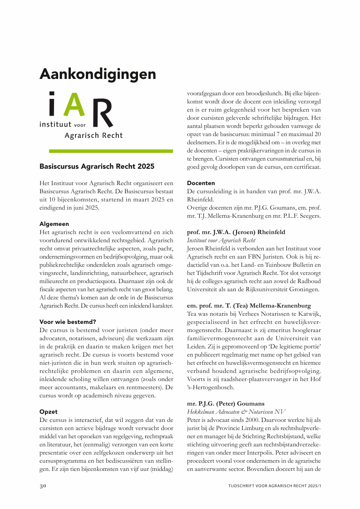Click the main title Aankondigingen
98,74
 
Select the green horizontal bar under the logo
106,151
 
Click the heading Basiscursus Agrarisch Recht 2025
97,166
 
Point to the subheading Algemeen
54,224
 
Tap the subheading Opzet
49,411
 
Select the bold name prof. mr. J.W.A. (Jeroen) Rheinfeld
236,232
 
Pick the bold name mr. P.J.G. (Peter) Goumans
226,403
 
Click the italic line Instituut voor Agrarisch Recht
221,240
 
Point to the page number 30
43,486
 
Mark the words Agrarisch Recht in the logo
94,135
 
